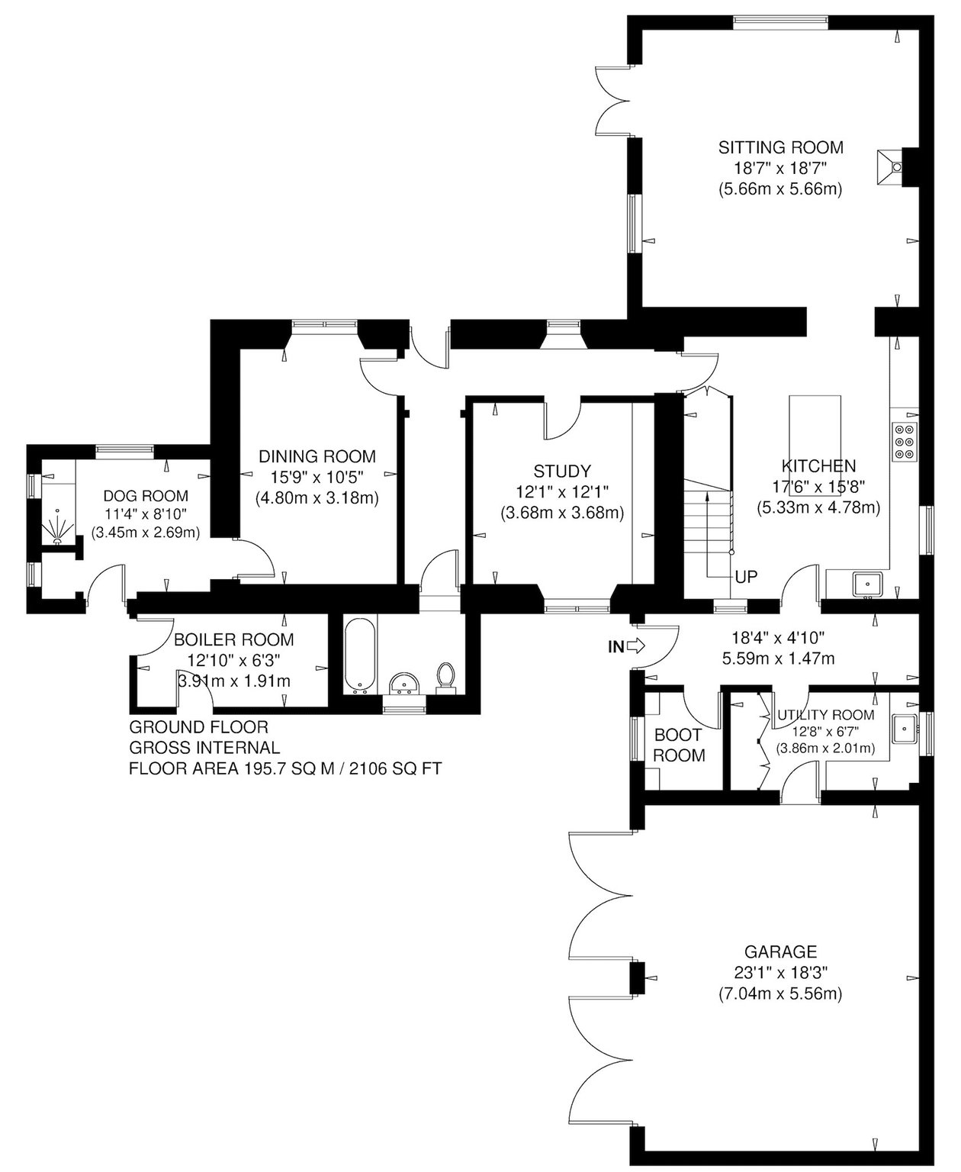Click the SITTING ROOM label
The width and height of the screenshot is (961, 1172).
[780, 147]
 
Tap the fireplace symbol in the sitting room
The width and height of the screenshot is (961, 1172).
[890, 166]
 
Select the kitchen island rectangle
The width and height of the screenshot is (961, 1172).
[815, 438]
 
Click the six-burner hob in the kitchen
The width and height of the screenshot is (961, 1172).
[905, 442]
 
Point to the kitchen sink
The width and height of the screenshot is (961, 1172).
[867, 584]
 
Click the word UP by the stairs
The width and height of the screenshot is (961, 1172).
[746, 578]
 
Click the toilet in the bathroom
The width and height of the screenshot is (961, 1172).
[446, 678]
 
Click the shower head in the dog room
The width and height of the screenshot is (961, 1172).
[57, 526]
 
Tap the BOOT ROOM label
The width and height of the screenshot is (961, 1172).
[679, 745]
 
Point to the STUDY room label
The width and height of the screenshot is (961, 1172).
[562, 472]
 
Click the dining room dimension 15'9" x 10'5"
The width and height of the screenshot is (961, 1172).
[317, 477]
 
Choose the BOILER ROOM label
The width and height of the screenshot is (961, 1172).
[234, 639]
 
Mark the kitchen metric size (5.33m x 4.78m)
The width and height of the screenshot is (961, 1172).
[818, 507]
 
